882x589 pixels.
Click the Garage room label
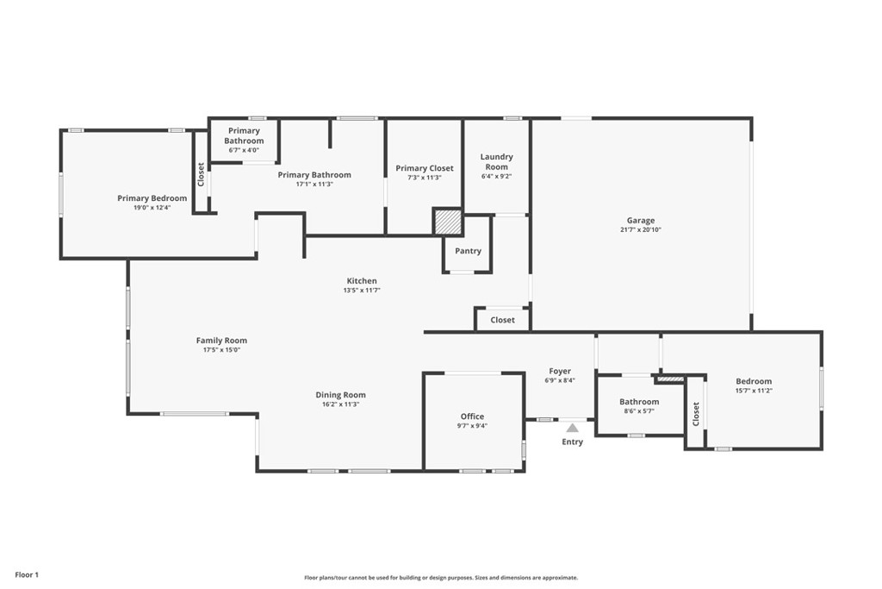point(641,221)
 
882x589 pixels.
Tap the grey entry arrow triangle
point(572,428)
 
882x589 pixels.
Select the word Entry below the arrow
point(572,442)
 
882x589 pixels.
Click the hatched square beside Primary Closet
point(448,222)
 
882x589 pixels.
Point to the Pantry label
point(468,251)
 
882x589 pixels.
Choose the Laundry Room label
point(497,161)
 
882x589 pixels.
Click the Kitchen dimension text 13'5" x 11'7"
point(362,291)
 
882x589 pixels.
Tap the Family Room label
point(221,341)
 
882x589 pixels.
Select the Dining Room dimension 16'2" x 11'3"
point(340,404)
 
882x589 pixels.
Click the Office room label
point(473,417)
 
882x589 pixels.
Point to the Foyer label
point(560,372)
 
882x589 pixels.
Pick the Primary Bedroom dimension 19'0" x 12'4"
point(152,208)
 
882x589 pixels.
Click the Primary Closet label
point(425,168)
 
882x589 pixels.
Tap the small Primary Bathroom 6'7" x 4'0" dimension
point(244,150)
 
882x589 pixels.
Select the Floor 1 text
point(27,575)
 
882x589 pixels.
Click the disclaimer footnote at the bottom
point(441,578)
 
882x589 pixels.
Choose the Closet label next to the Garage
point(502,320)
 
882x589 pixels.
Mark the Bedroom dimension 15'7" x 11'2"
point(754,391)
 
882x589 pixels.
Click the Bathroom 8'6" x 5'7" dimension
point(639,411)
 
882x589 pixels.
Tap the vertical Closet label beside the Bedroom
point(696,414)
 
